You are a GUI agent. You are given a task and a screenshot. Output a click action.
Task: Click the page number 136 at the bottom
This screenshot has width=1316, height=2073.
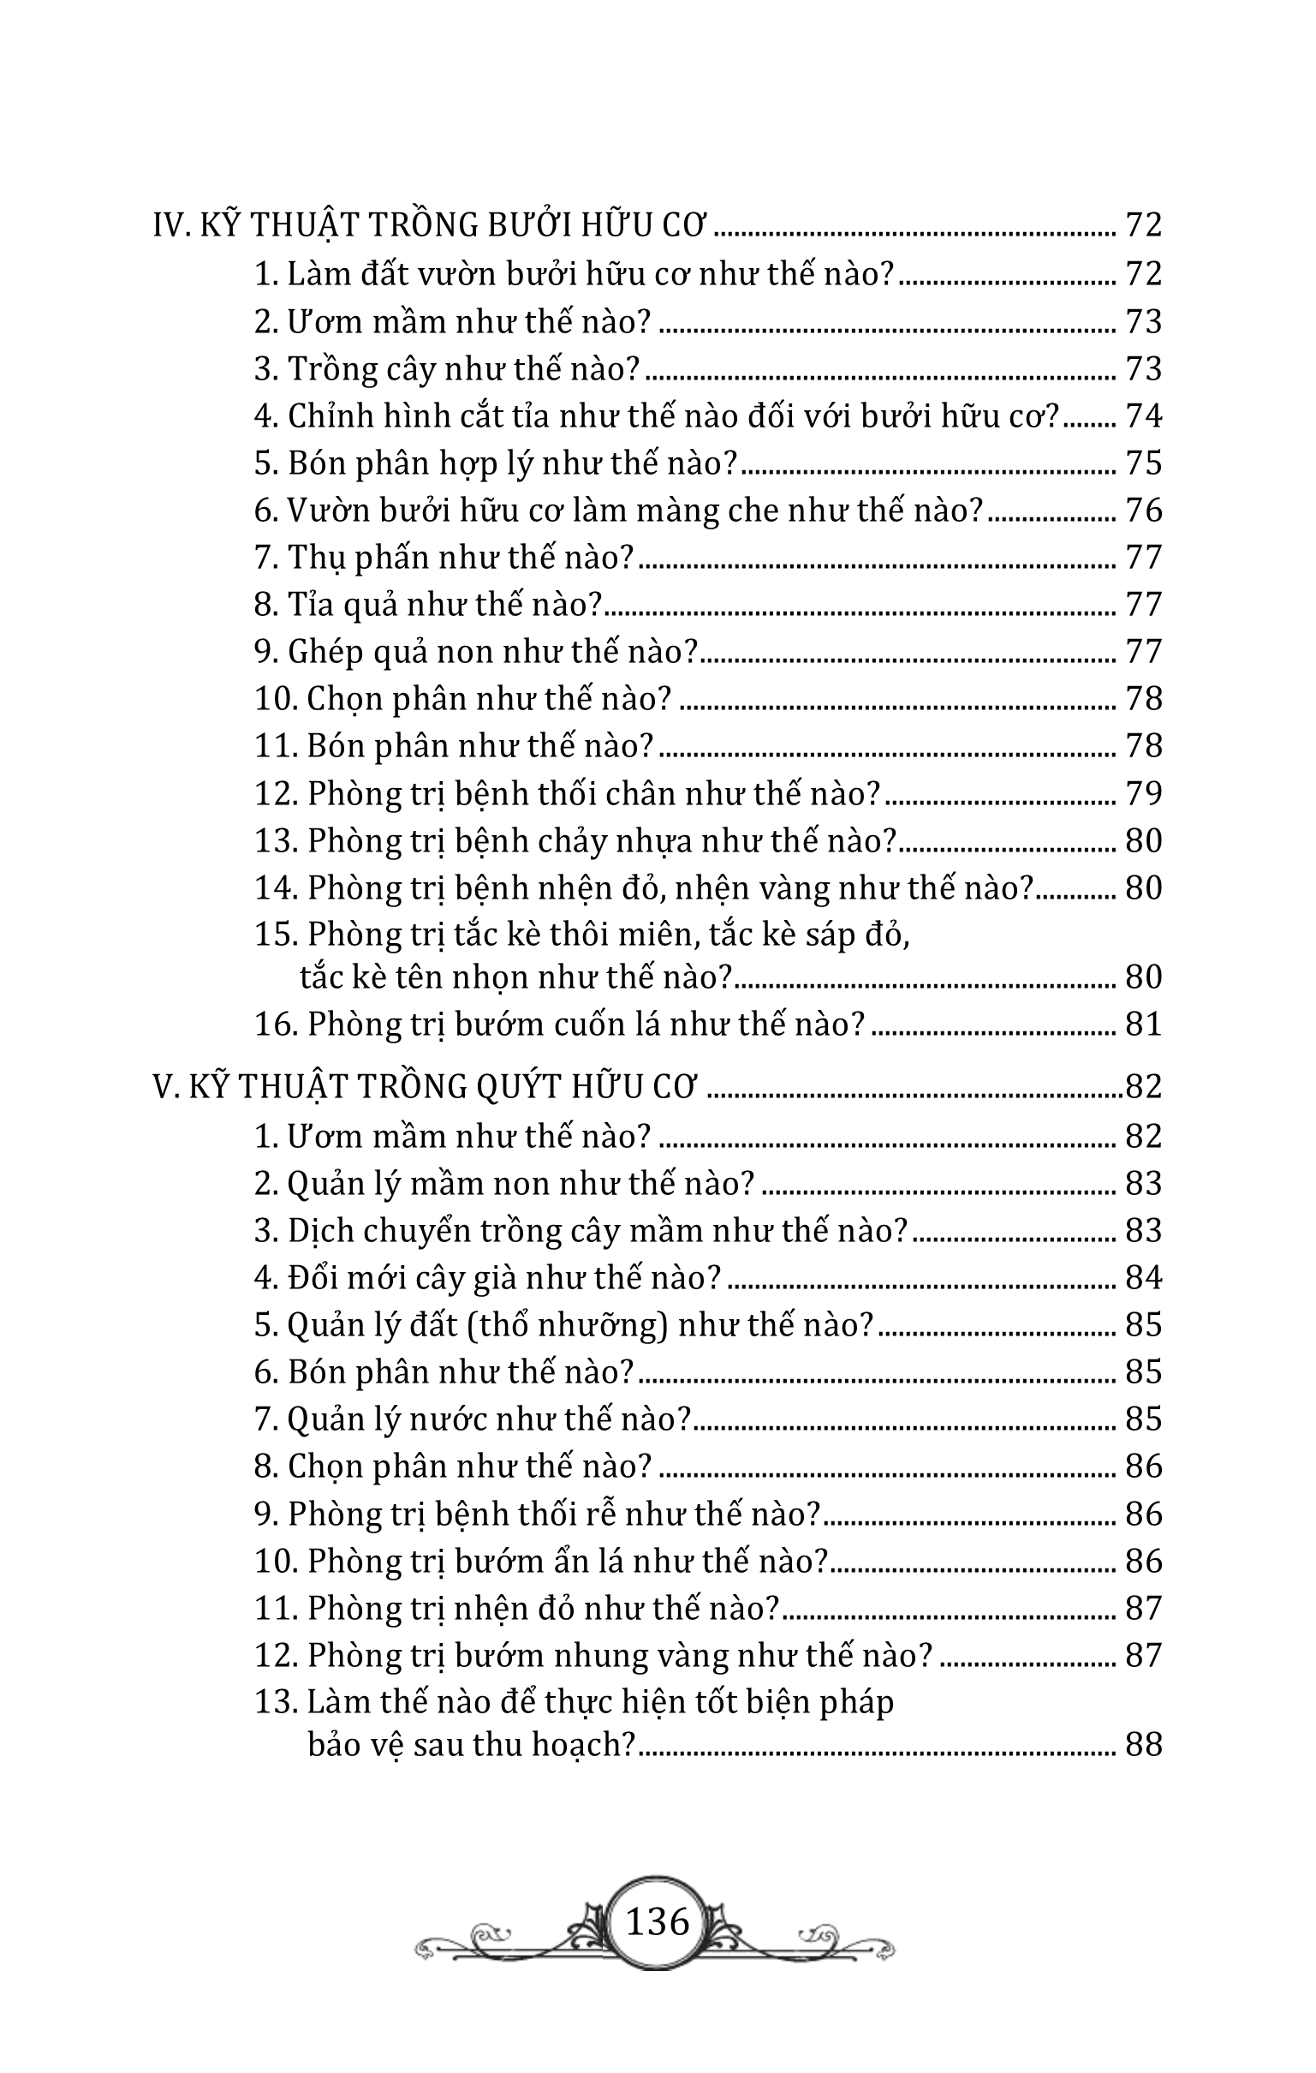pos(658,1921)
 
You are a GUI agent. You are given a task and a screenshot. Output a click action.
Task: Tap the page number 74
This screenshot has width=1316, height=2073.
pos(1144,416)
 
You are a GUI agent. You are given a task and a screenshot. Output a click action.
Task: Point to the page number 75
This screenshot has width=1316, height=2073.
pos(1144,464)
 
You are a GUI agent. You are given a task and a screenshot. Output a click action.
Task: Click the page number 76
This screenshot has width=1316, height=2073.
pos(1144,511)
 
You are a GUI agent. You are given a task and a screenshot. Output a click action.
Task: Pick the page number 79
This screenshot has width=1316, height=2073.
pos(1144,793)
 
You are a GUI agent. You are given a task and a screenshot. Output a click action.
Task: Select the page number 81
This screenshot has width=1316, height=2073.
pos(1144,1025)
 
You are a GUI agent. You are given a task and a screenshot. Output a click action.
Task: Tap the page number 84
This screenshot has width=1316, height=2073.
pos(1144,1277)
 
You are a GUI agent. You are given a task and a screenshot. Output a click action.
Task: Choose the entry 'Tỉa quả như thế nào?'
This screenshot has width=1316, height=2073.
pos(428,606)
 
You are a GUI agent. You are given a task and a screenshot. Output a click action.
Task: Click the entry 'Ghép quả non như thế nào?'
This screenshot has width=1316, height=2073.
pos(475,652)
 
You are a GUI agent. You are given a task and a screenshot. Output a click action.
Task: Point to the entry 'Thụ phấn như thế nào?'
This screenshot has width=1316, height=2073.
pos(444,558)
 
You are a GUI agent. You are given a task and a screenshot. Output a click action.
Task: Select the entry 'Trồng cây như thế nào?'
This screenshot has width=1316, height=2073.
pos(448,369)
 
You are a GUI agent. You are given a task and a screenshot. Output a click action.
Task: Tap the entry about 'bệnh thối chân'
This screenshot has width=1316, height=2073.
pos(568,793)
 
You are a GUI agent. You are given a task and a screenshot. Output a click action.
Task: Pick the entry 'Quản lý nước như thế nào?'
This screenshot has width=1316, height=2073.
pos(473,1419)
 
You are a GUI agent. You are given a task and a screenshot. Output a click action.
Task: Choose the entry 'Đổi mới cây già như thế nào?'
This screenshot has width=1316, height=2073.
pos(487,1277)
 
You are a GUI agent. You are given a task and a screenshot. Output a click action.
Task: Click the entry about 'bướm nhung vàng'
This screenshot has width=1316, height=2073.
pos(594,1656)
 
